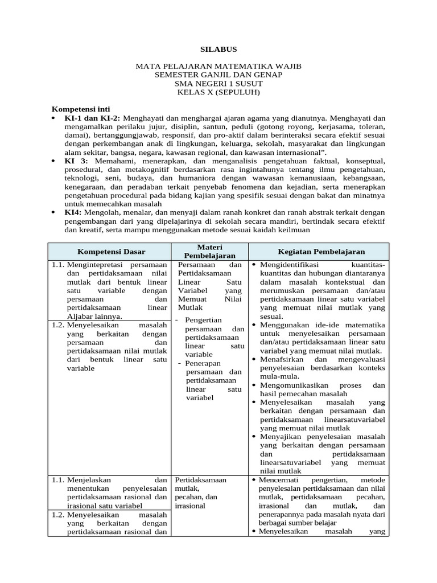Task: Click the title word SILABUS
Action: [x=218, y=50]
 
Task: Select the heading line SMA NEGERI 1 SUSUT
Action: [x=218, y=84]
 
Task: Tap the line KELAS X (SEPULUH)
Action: [x=218, y=92]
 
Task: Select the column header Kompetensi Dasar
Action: [x=111, y=252]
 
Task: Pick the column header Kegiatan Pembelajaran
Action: [x=321, y=252]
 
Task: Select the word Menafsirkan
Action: [x=282, y=360]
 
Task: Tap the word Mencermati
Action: [x=279, y=480]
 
